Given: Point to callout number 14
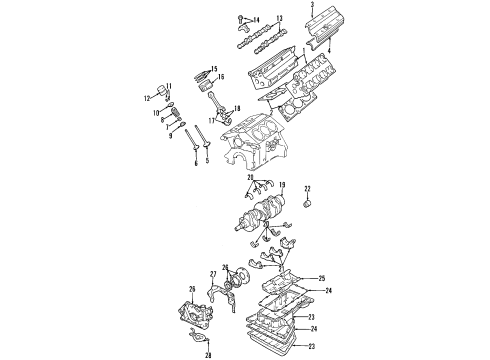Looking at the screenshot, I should point(256,19).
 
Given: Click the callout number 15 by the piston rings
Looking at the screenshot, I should point(214,67).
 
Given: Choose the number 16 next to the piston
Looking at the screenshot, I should point(221,77).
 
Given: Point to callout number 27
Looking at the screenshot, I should point(213,273).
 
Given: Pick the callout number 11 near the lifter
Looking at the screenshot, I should point(170,86).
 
